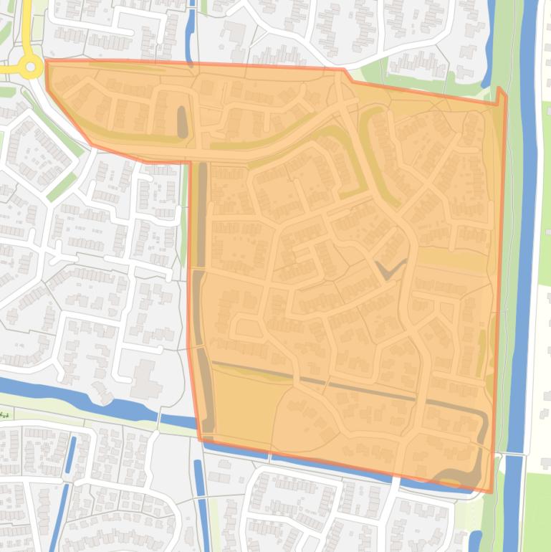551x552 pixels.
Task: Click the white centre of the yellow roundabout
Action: point(30,68)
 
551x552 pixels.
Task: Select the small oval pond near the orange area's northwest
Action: point(181,122)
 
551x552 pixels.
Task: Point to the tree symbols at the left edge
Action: point(5,415)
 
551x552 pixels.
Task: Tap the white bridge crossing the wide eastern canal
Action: point(513,455)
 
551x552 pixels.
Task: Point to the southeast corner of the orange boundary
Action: point(492,492)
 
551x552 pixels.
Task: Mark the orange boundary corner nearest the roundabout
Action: point(47,62)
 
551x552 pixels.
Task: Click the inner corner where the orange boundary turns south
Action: point(191,162)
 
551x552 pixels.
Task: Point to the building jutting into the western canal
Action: point(100,393)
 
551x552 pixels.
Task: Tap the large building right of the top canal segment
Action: point(234,32)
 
